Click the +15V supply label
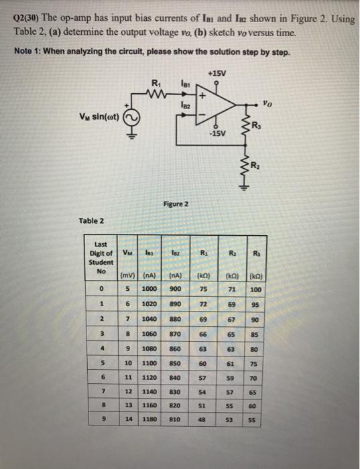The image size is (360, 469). point(216,72)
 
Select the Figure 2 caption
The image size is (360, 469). point(176,203)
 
